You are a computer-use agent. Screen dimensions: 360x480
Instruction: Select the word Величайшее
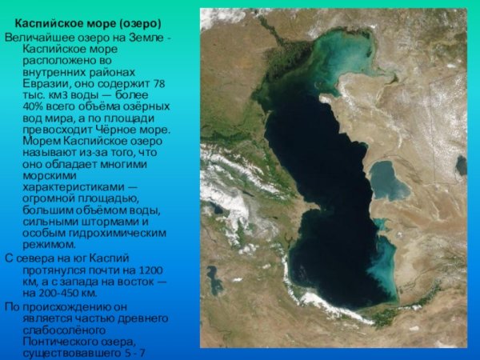tap(36, 38)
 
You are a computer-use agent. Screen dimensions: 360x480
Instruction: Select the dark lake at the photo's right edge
tap(461, 165)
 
